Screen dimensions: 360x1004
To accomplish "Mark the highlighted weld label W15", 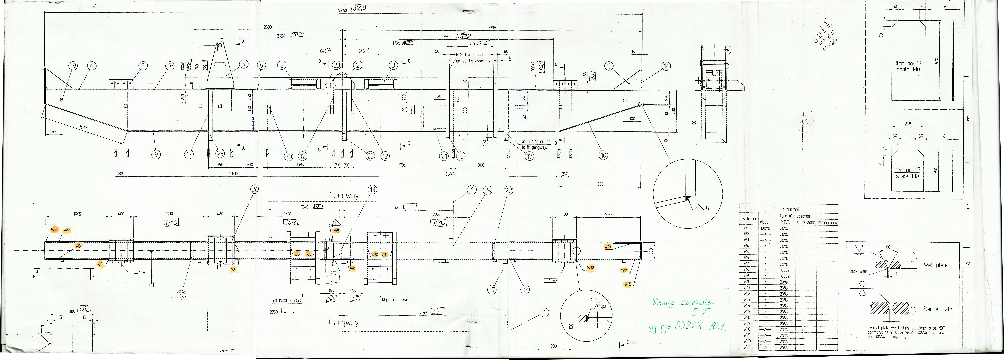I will click(x=628, y=284).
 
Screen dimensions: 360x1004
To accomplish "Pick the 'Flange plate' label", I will click(x=937, y=309).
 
